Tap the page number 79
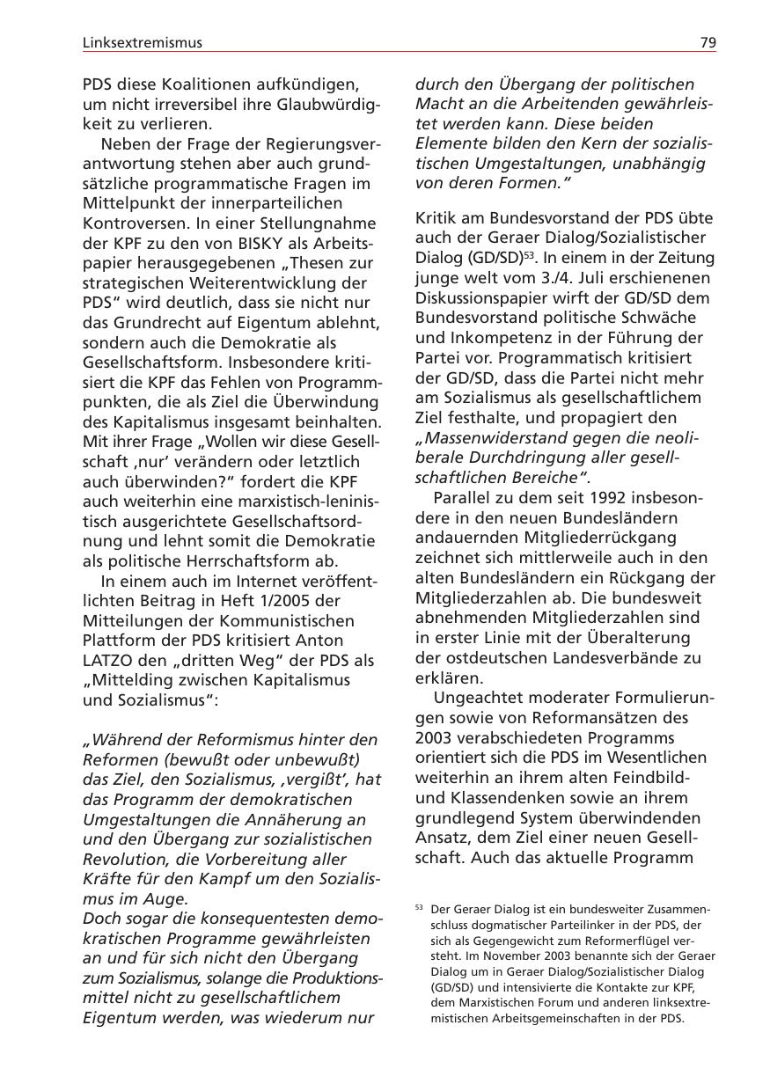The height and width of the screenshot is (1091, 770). point(708,42)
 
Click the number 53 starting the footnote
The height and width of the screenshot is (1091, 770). point(420,907)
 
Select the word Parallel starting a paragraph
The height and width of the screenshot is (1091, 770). point(464,498)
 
